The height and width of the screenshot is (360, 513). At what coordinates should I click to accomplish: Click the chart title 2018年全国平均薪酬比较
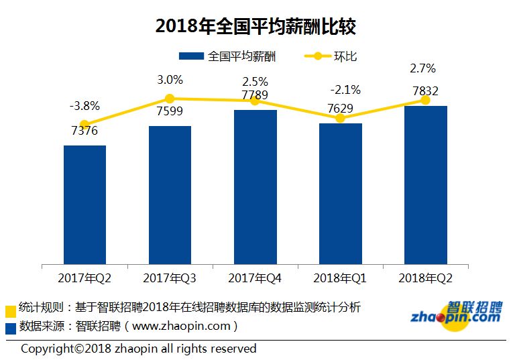click(x=255, y=26)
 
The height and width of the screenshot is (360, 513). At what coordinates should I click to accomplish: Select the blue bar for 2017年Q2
click(x=84, y=204)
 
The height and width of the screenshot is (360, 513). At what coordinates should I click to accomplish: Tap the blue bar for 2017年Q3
click(x=170, y=194)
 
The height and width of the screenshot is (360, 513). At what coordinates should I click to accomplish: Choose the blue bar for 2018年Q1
click(x=340, y=193)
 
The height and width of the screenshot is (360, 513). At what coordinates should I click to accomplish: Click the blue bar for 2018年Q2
click(x=425, y=184)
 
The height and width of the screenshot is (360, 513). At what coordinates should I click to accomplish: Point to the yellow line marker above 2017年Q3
click(x=170, y=99)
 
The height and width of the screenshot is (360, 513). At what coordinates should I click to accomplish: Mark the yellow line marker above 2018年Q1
click(x=340, y=118)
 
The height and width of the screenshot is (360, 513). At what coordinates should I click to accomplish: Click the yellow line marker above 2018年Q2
click(x=425, y=100)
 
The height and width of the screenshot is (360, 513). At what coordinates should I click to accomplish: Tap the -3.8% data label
click(x=84, y=105)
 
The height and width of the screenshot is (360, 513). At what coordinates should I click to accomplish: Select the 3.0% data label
click(x=170, y=80)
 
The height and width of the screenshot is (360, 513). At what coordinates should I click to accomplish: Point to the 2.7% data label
click(x=422, y=68)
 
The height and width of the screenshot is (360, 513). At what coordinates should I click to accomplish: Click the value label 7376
click(x=84, y=131)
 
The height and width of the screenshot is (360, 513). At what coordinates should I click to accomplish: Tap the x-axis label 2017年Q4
click(x=255, y=278)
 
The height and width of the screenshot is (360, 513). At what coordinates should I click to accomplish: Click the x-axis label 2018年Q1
click(x=340, y=278)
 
